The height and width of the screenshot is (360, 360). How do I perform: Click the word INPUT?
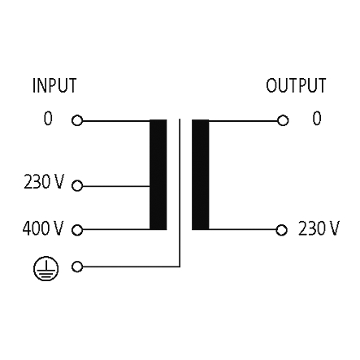54,85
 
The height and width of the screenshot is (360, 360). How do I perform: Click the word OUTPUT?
296,85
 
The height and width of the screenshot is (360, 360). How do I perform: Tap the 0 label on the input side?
48,119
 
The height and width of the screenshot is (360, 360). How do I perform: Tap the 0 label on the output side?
317,119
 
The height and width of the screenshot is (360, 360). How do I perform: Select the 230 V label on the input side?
44,181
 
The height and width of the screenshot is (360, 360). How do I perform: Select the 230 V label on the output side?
319,228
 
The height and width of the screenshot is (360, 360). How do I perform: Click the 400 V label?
43,228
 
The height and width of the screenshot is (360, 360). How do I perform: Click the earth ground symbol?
46,268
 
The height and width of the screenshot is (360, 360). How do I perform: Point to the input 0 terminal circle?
77,120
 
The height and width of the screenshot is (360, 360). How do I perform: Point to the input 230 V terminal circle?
77,186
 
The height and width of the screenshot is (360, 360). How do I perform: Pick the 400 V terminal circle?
77,230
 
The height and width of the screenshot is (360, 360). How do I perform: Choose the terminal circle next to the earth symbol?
77,267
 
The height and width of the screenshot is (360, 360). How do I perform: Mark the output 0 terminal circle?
283,120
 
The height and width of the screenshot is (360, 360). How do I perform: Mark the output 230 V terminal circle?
281,230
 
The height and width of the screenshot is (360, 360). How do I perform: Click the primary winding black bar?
158,175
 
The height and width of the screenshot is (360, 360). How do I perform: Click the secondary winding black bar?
201,175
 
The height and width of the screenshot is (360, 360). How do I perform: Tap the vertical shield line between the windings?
180,193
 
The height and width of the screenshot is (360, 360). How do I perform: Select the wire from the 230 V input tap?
116,186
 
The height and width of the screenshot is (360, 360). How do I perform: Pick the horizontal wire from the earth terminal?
131,267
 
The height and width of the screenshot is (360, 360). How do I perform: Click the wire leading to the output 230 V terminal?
242,230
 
